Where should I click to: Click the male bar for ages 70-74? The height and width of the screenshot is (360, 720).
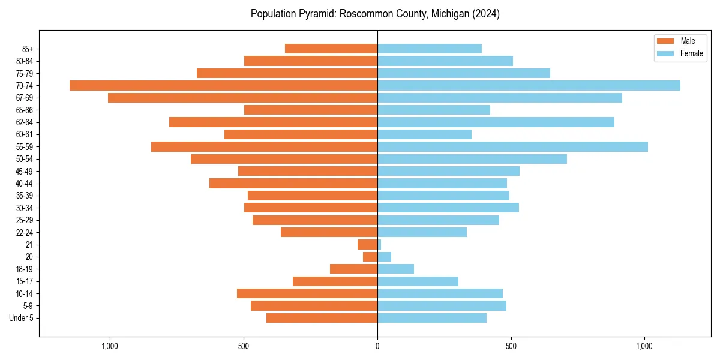(x=223, y=85)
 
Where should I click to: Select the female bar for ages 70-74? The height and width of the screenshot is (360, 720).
(x=529, y=85)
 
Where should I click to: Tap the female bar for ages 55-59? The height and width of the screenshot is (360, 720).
(x=512, y=146)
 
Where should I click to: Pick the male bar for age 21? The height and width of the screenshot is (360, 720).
(x=367, y=244)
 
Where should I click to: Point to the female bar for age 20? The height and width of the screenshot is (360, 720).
(x=384, y=257)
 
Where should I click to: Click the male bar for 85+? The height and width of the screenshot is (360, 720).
(x=331, y=49)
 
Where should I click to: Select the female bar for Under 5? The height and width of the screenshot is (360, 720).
(x=431, y=318)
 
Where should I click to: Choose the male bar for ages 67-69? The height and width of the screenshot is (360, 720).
(x=242, y=98)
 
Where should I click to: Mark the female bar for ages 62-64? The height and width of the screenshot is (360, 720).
(x=496, y=122)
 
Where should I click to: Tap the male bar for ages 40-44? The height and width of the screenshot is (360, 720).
(x=293, y=183)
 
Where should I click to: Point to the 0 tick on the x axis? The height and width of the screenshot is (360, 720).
(x=377, y=346)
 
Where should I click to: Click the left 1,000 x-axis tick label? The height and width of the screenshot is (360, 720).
(x=110, y=346)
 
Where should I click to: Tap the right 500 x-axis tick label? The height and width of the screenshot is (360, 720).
(x=511, y=346)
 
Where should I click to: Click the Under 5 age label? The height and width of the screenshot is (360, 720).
(x=21, y=318)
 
